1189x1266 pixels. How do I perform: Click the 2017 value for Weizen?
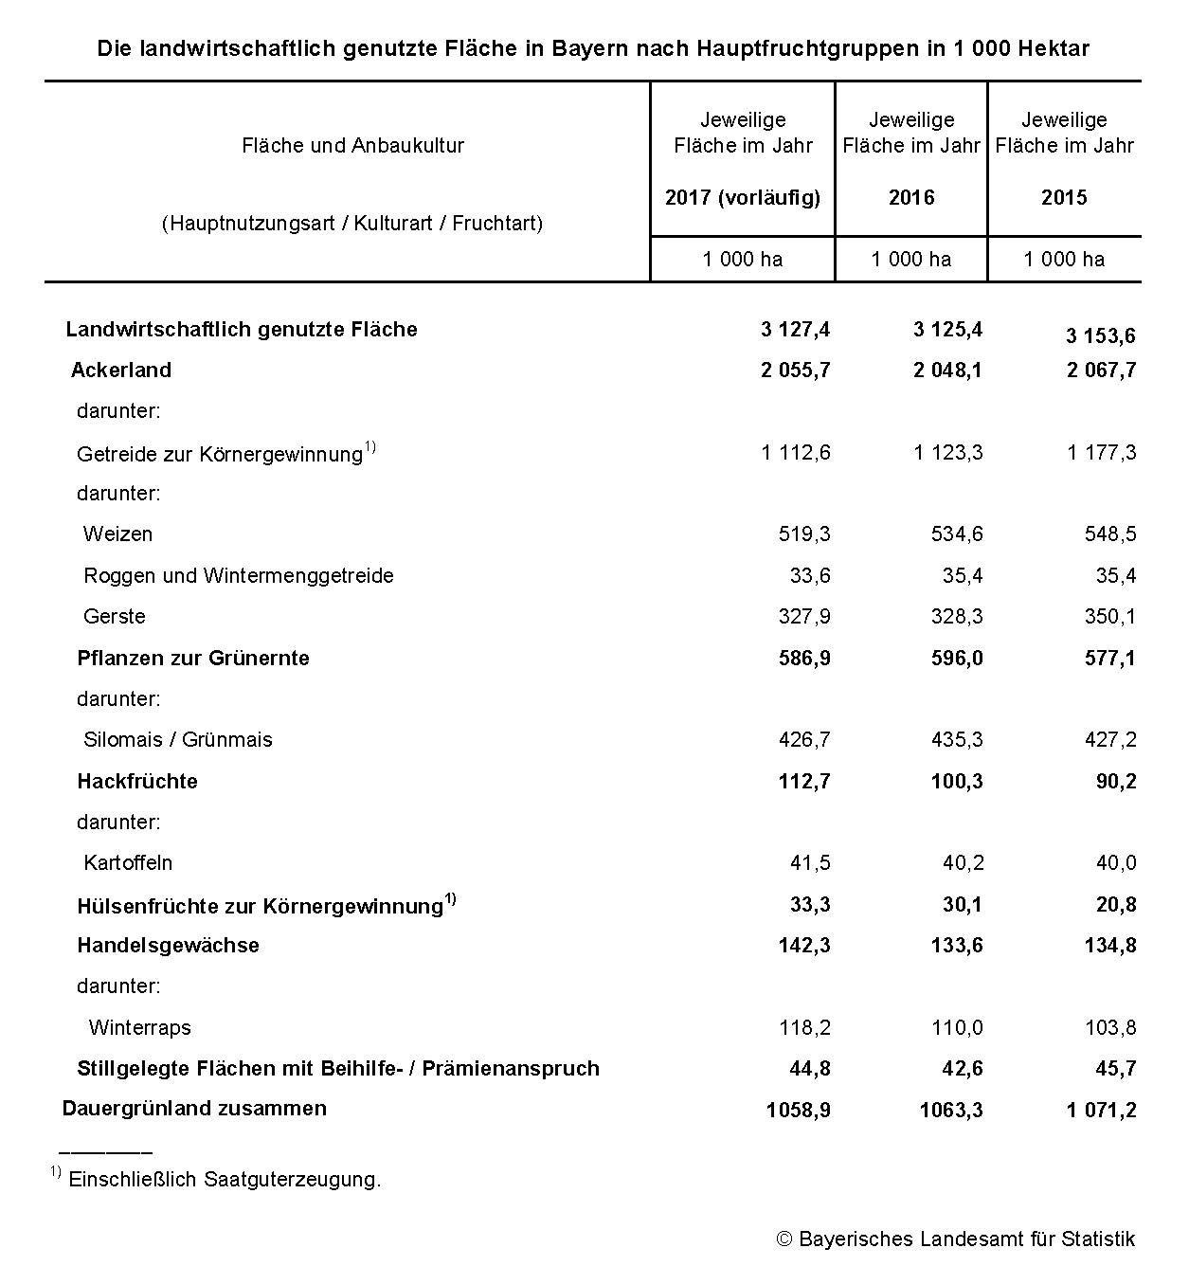point(803,534)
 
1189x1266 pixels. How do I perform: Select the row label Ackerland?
point(121,371)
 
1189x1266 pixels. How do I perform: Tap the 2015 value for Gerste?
point(1109,617)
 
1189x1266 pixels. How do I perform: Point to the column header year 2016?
point(910,198)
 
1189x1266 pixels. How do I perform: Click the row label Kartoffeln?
point(128,863)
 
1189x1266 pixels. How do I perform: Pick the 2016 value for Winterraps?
point(957,1028)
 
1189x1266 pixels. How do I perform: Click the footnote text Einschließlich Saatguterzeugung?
point(225,1180)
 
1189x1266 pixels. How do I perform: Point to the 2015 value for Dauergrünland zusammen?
point(1101,1111)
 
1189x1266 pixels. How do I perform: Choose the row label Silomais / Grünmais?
point(178,740)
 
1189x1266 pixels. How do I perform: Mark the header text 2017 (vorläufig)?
point(743,198)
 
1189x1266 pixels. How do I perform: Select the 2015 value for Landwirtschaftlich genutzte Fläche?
point(1100,336)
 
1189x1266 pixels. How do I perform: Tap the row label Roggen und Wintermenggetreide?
point(239,576)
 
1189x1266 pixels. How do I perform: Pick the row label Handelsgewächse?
point(168,946)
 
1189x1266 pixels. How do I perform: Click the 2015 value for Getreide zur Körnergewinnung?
point(1101,453)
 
